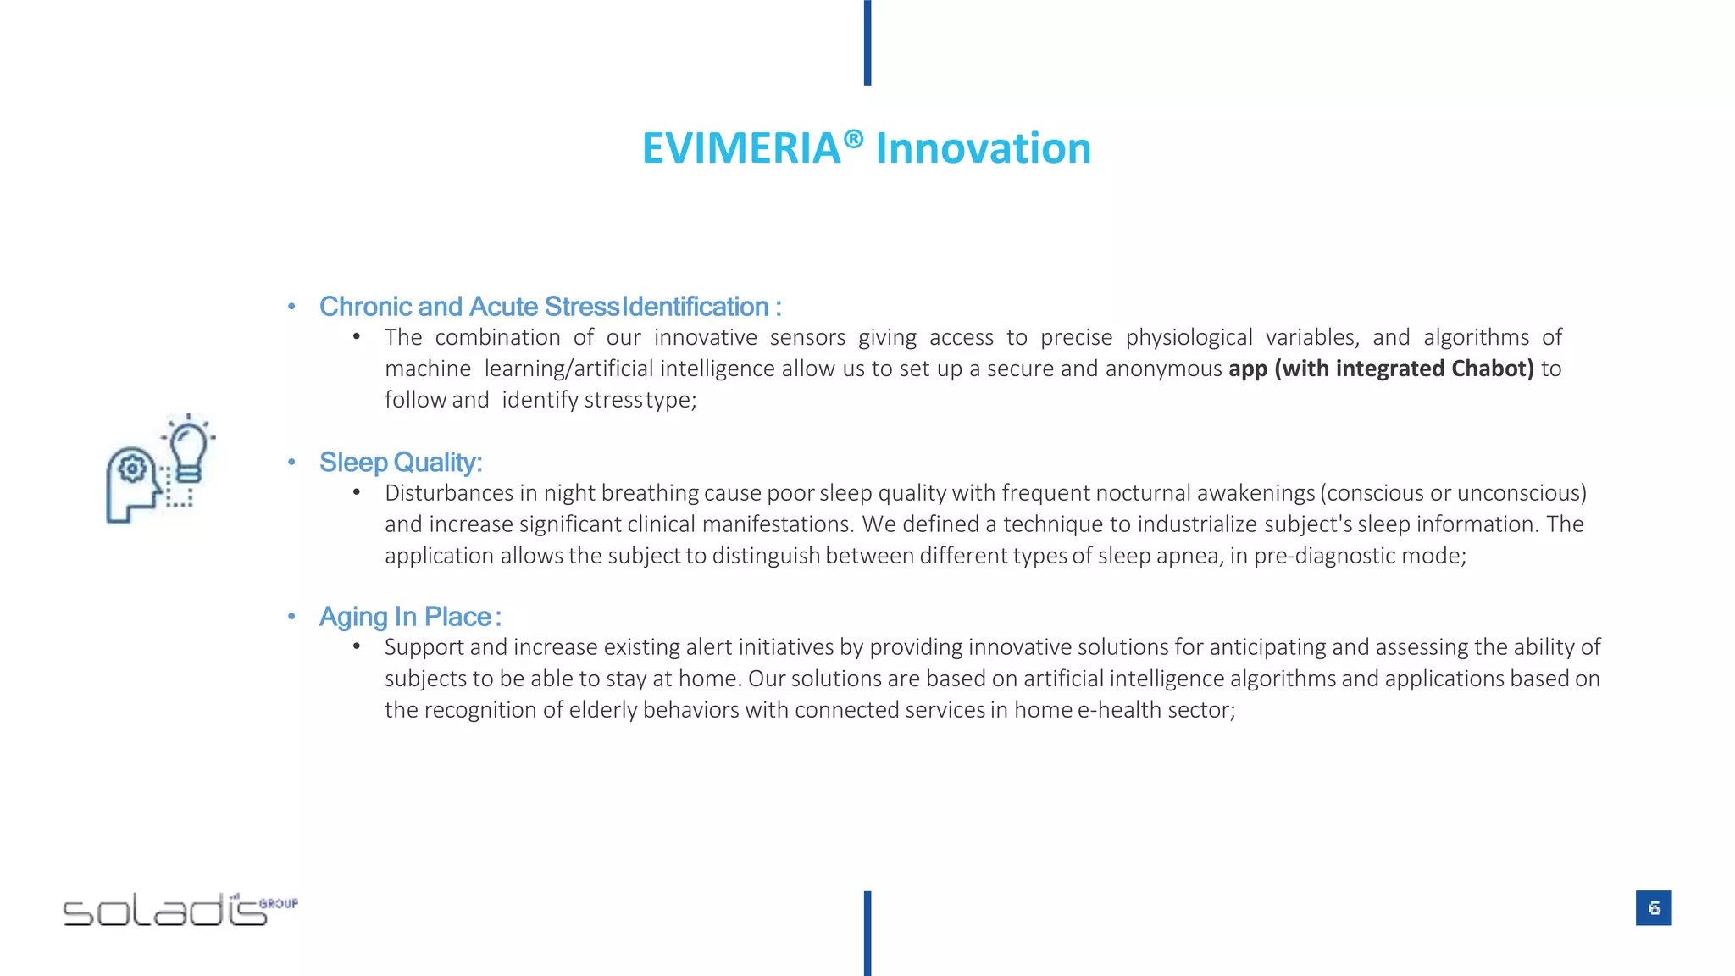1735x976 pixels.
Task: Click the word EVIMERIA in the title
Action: pos(740,149)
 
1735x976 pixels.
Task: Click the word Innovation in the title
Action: pos(983,149)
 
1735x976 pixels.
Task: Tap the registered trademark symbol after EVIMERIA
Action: pos(853,138)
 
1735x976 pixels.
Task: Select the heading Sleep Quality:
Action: pos(400,463)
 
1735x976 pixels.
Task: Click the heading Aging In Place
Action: pos(406,617)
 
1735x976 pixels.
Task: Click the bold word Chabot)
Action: pos(1492,369)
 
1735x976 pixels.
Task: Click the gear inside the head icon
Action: pos(132,468)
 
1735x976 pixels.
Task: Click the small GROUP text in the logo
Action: pos(279,903)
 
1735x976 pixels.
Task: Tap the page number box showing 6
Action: pos(1653,908)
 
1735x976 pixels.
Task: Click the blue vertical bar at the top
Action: pos(867,42)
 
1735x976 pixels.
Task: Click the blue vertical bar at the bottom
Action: pos(867,933)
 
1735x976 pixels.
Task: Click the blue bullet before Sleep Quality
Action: pos(291,463)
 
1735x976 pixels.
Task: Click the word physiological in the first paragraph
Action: pos(1189,338)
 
